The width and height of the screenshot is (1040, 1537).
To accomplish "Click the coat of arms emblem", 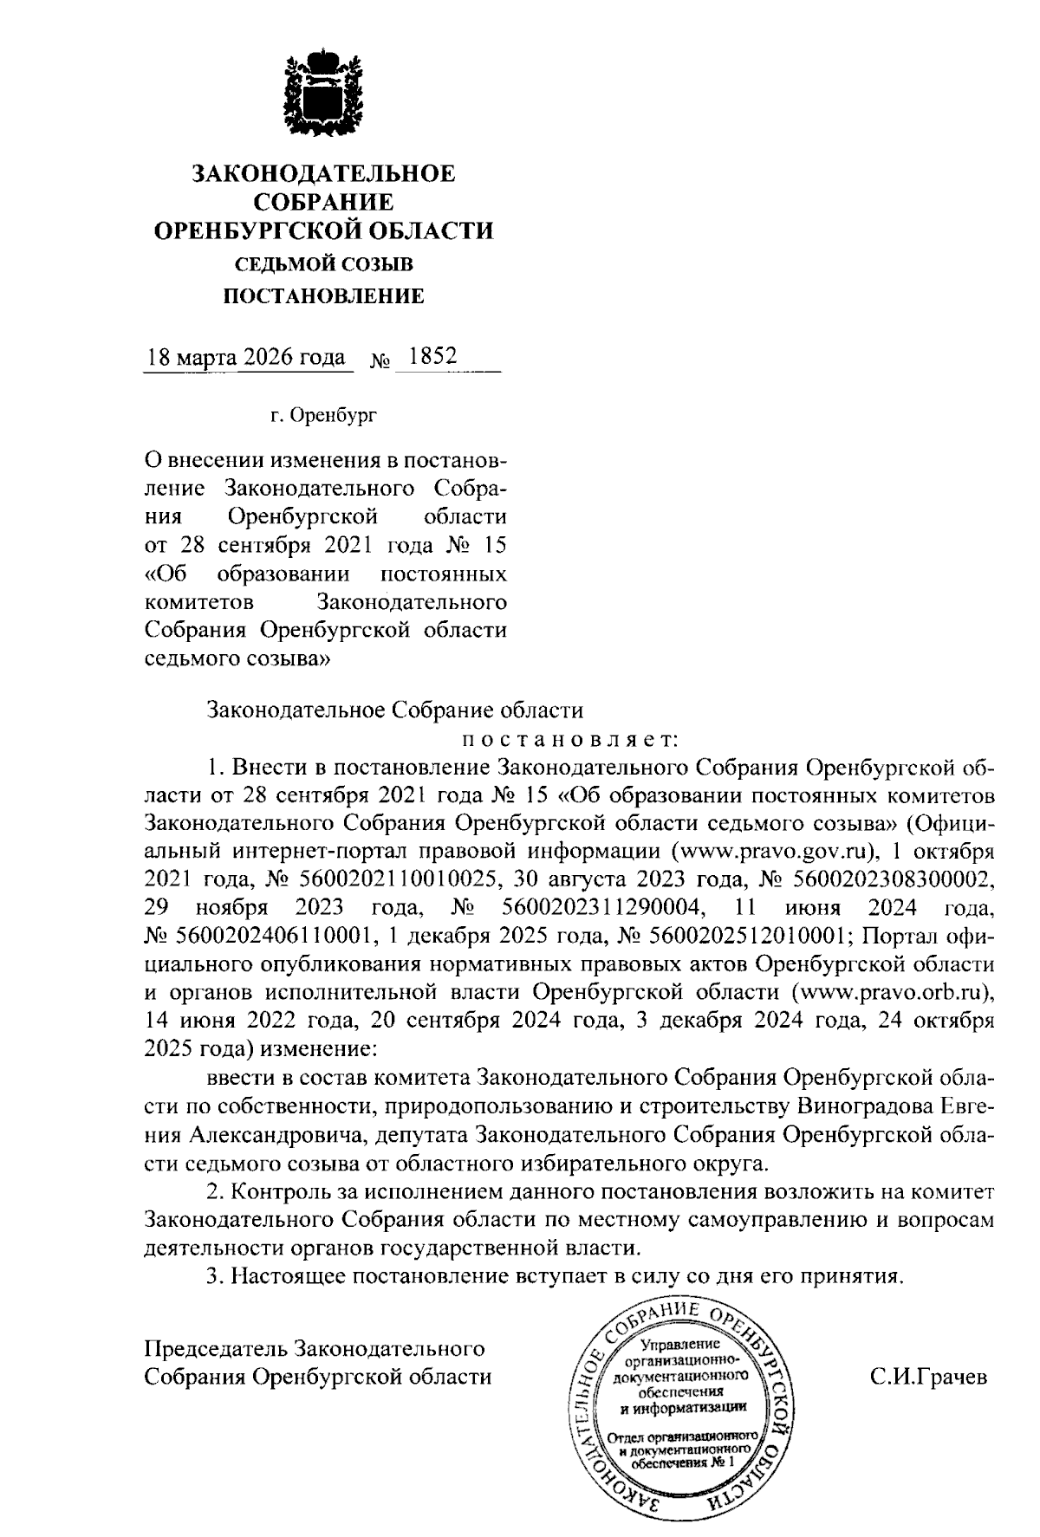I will [323, 96].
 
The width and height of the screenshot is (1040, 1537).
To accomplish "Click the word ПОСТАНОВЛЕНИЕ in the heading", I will [324, 297].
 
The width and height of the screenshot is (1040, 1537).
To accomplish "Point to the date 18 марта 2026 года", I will [247, 358].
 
